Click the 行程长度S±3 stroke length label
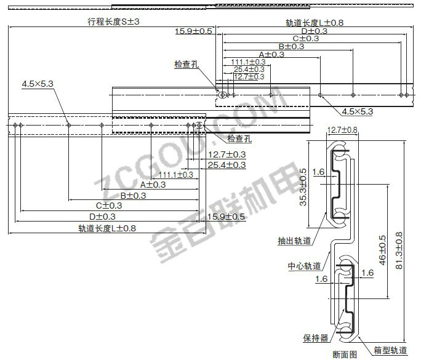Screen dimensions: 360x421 [114, 22]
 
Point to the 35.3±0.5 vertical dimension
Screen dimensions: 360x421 [303, 188]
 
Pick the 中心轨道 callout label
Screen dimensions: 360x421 [304, 266]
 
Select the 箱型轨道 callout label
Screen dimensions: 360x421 [390, 350]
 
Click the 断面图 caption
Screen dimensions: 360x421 [344, 354]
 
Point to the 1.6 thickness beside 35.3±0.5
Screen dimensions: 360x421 [318, 172]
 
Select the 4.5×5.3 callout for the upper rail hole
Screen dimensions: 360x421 [358, 111]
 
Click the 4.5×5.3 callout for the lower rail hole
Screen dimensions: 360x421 [38, 83]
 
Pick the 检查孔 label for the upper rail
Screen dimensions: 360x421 [186, 65]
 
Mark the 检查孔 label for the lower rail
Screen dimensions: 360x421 [239, 139]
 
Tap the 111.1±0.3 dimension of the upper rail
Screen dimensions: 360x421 [248, 62]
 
